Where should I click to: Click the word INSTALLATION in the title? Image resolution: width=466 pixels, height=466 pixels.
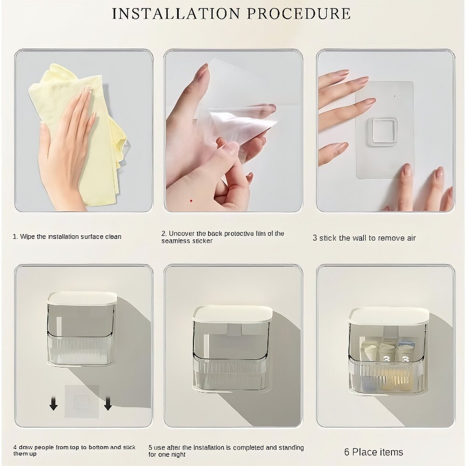tap(176, 14)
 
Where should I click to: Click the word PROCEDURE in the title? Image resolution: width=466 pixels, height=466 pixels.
tap(299, 14)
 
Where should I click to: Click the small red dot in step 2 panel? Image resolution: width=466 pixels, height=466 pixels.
tap(191, 201)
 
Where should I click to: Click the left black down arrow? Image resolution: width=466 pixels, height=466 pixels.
tap(54, 404)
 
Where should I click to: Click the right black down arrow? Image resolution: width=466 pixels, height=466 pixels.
tap(108, 404)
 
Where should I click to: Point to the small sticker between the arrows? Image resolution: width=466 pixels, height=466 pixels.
tap(82, 401)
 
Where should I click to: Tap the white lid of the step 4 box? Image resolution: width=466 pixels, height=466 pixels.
tap(82, 298)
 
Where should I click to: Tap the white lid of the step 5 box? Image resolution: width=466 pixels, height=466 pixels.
tap(233, 313)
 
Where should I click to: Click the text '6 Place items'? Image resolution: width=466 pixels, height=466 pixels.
tap(374, 452)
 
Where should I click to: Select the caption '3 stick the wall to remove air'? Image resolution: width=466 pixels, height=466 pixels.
tap(364, 238)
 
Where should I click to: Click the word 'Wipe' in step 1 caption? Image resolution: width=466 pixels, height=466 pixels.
tap(27, 237)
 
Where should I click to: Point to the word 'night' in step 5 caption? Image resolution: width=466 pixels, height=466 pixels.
tap(178, 455)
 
